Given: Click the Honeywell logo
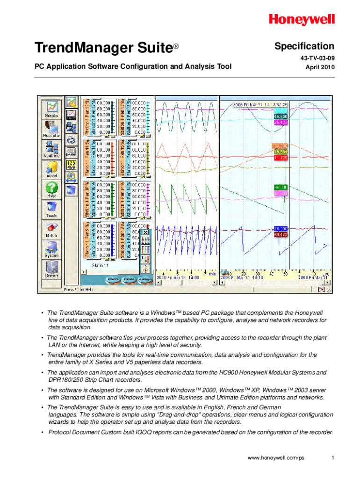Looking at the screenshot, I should pos(302,19).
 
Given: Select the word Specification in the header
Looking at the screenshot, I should pos(304,46).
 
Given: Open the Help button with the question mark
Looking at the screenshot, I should pos(51,190).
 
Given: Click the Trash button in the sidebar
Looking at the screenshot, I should pos(51,209).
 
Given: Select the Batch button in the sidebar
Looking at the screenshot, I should pos(51,229).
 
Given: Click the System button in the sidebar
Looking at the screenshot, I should pos(51,249).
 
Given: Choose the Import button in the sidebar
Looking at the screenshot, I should pos(51,169).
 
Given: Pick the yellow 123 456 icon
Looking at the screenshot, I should pos(72,165).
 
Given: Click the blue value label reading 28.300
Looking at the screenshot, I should pos(281,228).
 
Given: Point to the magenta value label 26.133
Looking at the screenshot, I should pos(281,122).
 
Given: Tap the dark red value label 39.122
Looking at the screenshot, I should pos(281,234).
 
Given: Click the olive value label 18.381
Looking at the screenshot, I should pos(281,152).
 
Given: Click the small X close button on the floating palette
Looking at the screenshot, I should pos(145,232).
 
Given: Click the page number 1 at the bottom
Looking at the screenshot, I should pos(332,458).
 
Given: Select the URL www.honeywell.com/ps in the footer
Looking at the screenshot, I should pos(276,458).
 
